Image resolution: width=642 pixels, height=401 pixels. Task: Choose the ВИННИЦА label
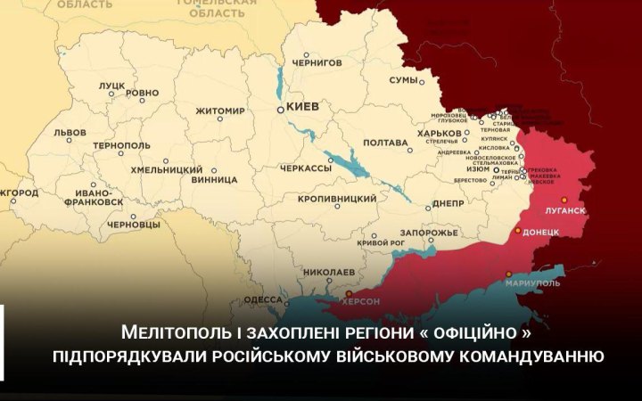tap(208, 178)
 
